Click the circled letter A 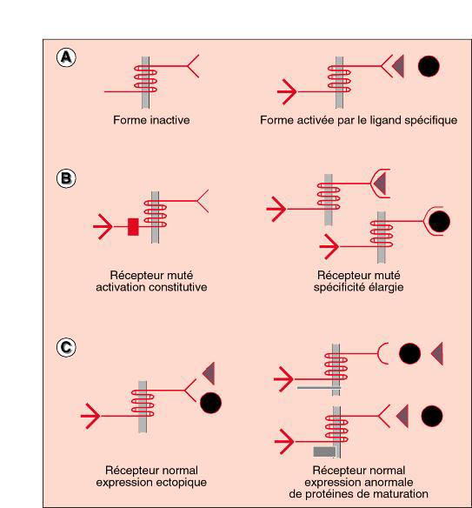[x=66, y=57]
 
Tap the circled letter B [x=66, y=178]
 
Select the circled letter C [x=66, y=348]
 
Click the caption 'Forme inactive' [x=151, y=120]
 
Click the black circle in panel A [x=429, y=66]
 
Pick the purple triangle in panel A [x=398, y=66]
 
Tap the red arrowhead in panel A [x=287, y=91]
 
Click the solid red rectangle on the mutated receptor [x=133, y=227]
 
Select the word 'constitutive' [x=176, y=287]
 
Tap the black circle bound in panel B [x=439, y=222]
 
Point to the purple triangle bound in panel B [x=380, y=184]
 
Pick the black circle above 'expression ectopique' [x=210, y=403]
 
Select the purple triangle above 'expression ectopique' [x=209, y=373]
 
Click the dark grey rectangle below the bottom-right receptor [x=324, y=451]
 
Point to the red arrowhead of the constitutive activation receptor [x=103, y=226]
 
